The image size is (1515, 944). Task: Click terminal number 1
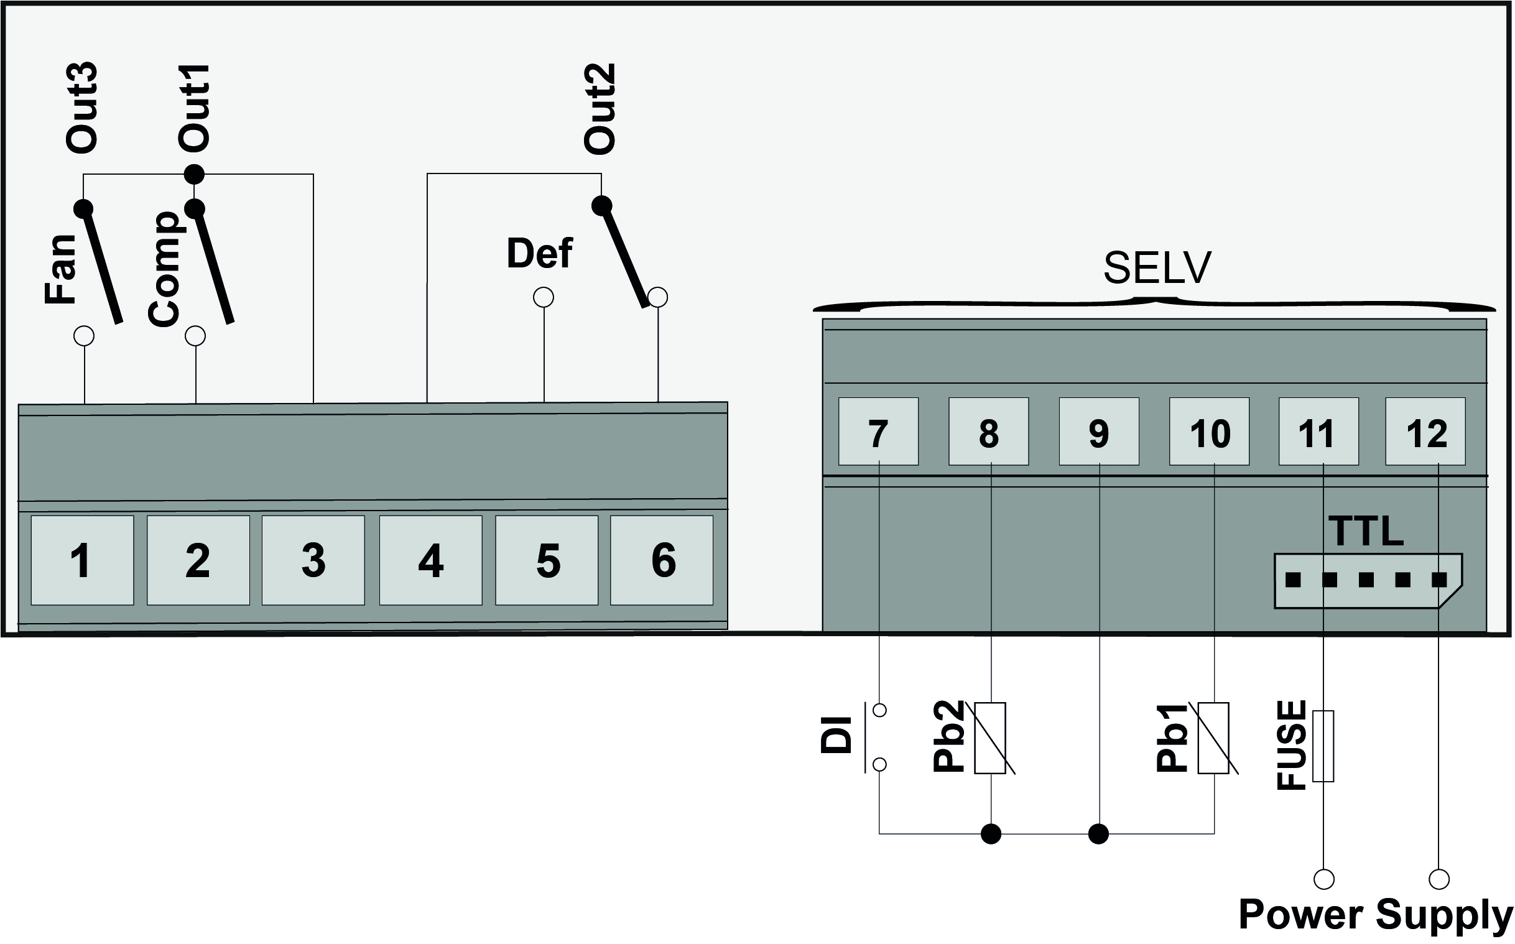point(81,560)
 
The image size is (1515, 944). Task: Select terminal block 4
point(431,560)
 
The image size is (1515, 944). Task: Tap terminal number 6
point(662,560)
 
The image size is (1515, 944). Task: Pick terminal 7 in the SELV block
point(878,432)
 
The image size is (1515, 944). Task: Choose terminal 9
point(1099,432)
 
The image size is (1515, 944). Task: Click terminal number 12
point(1425,432)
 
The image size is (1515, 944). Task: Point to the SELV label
point(1157,268)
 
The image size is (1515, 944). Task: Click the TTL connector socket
point(1367,581)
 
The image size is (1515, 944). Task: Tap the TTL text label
point(1365,531)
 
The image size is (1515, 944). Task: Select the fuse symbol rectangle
point(1323,746)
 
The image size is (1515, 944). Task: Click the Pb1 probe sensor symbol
point(1213,738)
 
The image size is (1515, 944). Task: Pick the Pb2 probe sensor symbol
point(990,738)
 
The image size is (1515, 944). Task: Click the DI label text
point(836,736)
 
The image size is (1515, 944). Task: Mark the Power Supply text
point(1375,915)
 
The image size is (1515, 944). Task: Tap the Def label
point(539,254)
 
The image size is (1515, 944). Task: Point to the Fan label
point(60,270)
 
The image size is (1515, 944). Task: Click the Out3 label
point(81,108)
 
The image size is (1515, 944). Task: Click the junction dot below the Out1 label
point(194,174)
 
